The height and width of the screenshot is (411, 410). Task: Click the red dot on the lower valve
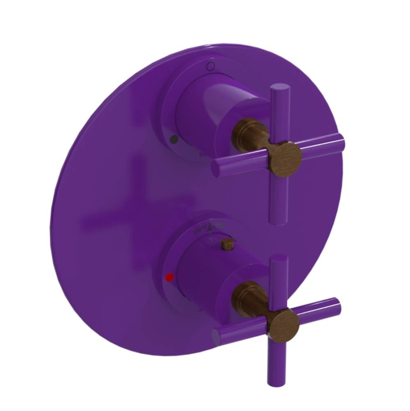(167, 277)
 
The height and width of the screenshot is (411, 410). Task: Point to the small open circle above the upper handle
(211, 66)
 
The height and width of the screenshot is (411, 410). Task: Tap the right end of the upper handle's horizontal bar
(340, 141)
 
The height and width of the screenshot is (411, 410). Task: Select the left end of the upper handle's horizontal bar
(217, 169)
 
